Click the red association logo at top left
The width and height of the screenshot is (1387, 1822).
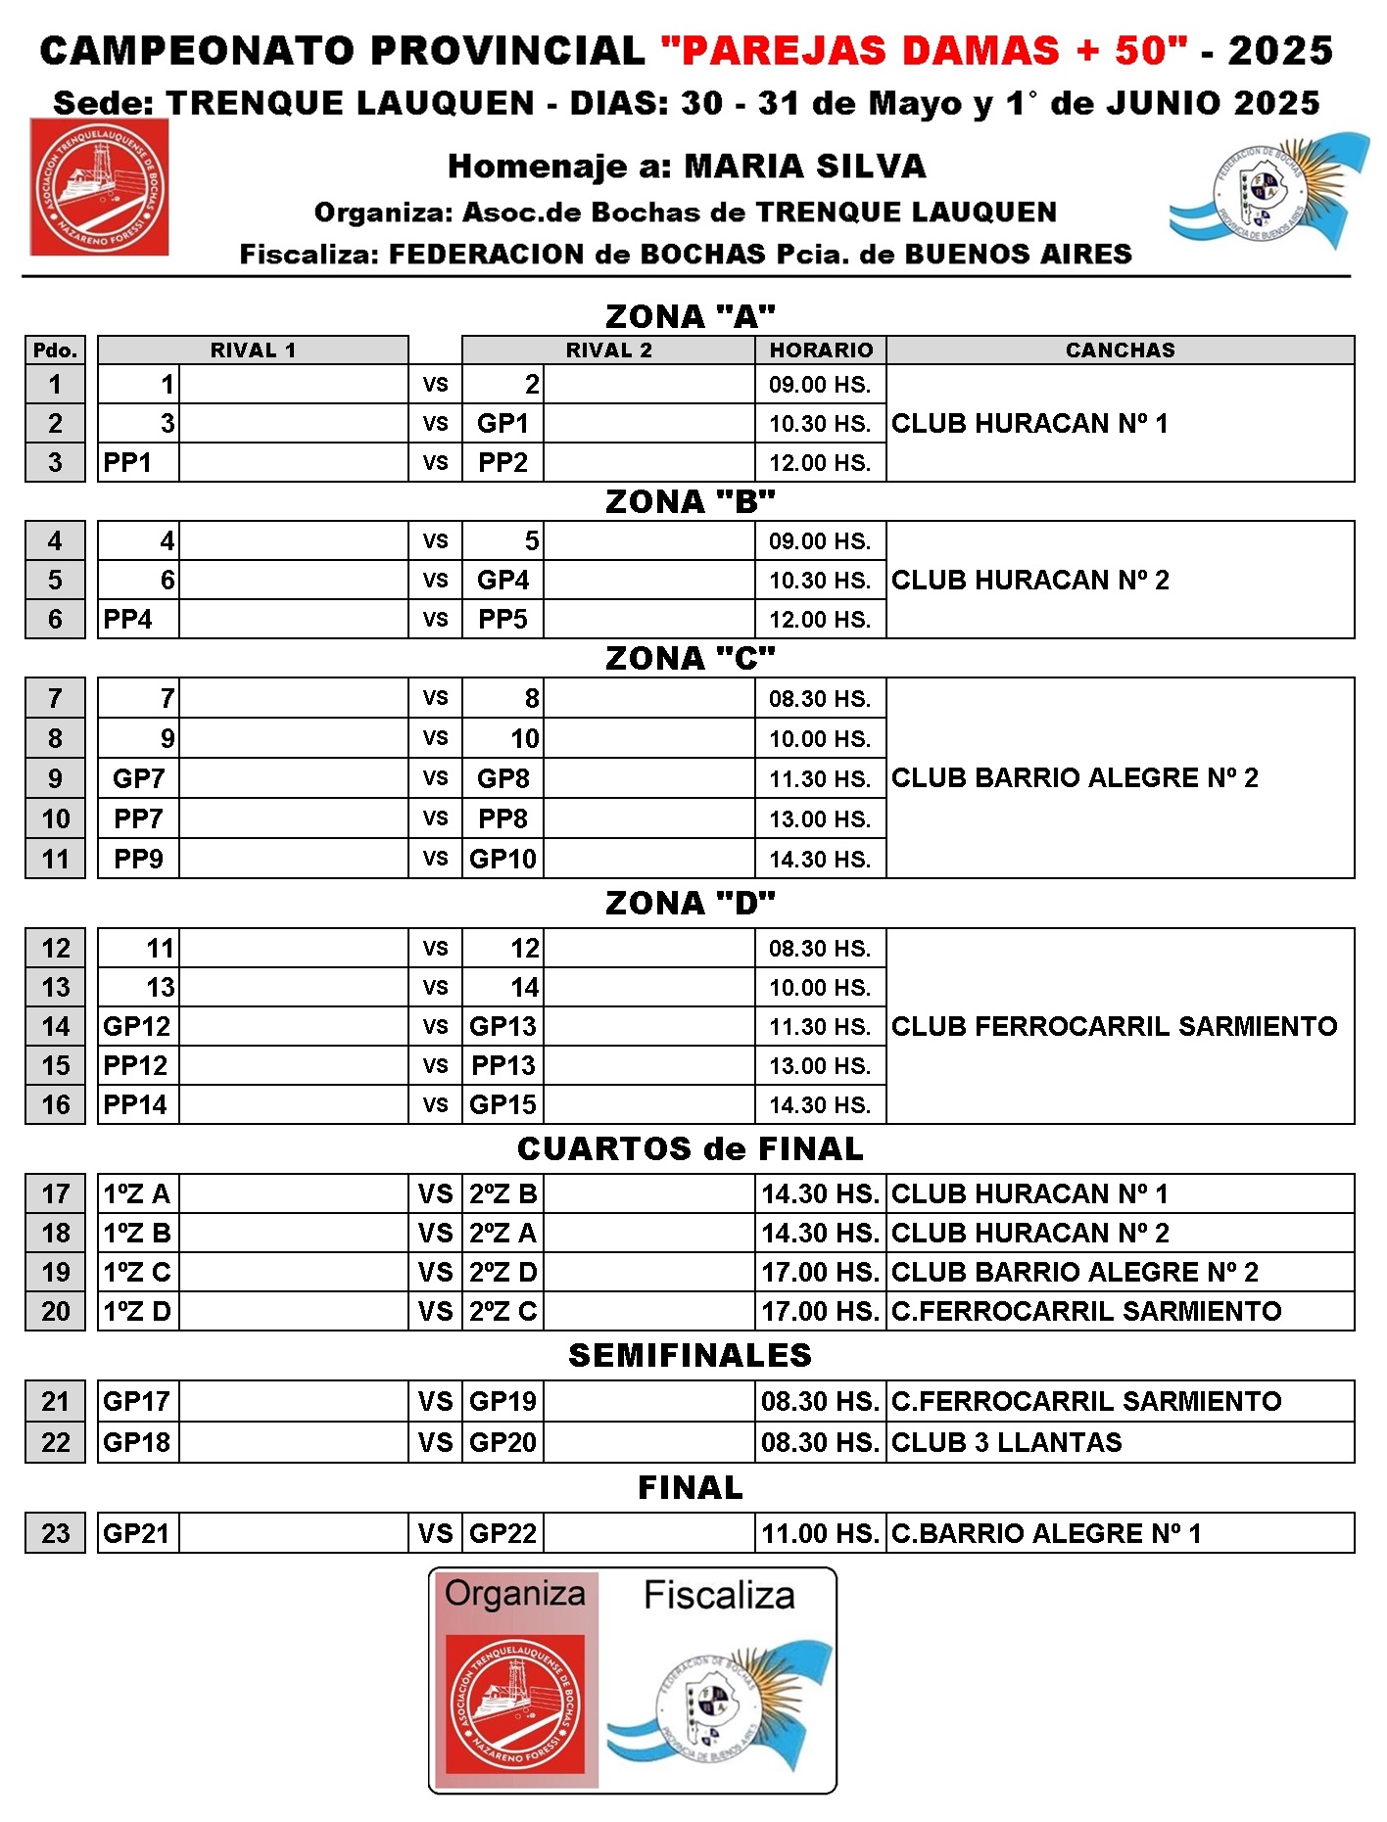point(99,187)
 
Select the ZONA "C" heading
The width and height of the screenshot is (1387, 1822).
point(690,658)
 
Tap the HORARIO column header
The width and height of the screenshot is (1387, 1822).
point(821,350)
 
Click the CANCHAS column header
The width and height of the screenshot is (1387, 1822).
point(1120,350)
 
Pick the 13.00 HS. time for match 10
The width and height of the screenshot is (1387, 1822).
point(820,818)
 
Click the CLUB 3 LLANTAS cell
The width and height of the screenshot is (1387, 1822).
point(1006,1442)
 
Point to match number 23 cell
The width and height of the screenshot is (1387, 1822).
point(56,1533)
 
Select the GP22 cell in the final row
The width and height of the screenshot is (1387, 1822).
point(502,1533)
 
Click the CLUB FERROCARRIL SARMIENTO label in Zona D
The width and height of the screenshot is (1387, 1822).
point(1114,1026)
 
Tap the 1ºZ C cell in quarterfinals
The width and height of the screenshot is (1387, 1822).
point(137,1272)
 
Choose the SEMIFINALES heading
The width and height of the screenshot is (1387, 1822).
point(690,1355)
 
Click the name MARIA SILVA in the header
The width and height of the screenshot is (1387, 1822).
point(804,166)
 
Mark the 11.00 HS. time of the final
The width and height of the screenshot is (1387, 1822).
point(820,1533)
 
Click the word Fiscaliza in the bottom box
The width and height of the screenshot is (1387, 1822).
point(719,1596)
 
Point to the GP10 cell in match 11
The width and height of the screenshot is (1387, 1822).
point(502,859)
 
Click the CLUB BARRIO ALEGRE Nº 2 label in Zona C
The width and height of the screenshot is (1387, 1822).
point(1075,777)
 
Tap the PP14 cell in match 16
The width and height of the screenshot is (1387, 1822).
point(135,1104)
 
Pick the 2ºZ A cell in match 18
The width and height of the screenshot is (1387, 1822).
point(502,1233)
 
